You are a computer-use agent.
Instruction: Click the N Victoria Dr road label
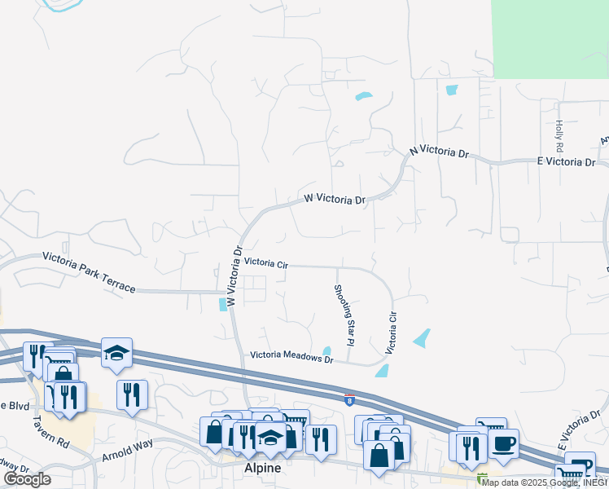440,152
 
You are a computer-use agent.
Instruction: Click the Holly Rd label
559,137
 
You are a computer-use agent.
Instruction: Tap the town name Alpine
263,469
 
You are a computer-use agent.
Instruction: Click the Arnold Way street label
127,451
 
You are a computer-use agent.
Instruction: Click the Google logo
27,478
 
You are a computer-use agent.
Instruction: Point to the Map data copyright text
543,482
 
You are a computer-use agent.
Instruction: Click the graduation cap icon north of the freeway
116,353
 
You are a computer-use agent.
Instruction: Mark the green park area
550,38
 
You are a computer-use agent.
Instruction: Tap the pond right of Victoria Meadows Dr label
326,352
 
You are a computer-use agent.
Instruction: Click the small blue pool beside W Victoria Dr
223,305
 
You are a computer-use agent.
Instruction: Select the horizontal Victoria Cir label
266,264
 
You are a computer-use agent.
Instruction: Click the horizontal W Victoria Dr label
335,198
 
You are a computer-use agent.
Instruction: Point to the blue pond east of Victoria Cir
422,337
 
